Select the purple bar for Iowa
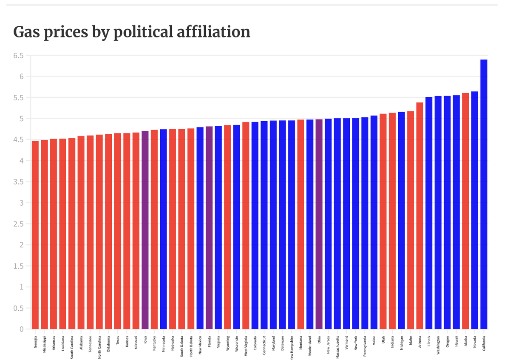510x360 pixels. coord(145,230)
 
